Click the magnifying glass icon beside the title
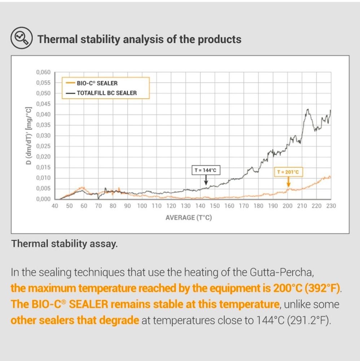(21, 38)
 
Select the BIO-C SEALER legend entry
(92, 83)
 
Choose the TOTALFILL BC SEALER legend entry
(101, 93)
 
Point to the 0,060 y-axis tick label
(43, 72)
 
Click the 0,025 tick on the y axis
(43, 146)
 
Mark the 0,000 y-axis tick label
(43, 199)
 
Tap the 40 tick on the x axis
(55, 206)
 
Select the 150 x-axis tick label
(215, 206)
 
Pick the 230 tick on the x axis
(331, 206)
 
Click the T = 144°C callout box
(206, 170)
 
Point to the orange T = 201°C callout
(288, 172)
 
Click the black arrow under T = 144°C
(206, 180)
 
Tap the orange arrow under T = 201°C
(289, 182)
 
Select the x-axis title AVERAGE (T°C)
(189, 218)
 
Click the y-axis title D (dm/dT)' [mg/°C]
(28, 136)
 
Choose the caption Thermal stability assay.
(65, 244)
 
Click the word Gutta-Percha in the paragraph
(282, 273)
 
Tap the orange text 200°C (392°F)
(307, 288)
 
